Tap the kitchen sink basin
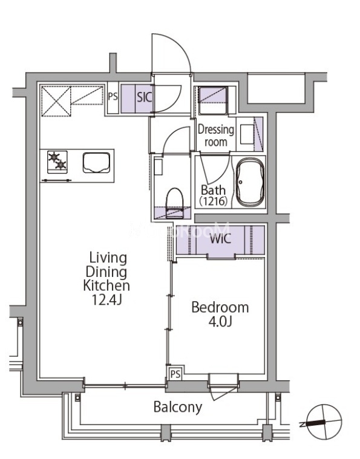tap(96, 163)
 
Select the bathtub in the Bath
tap(250, 182)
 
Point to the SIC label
tap(145, 97)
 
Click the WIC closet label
tap(221, 239)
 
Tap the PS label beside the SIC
tap(113, 96)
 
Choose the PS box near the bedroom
tap(175, 374)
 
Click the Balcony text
tap(178, 407)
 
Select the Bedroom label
tap(220, 307)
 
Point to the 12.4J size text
tap(107, 300)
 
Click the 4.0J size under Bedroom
tap(220, 322)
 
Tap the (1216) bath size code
tap(213, 201)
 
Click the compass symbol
tap(323, 422)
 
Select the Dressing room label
tap(216, 135)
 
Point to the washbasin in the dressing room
tap(247, 135)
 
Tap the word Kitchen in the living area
tap(106, 285)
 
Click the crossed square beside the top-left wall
tap(56, 101)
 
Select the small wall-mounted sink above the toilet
tap(158, 166)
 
